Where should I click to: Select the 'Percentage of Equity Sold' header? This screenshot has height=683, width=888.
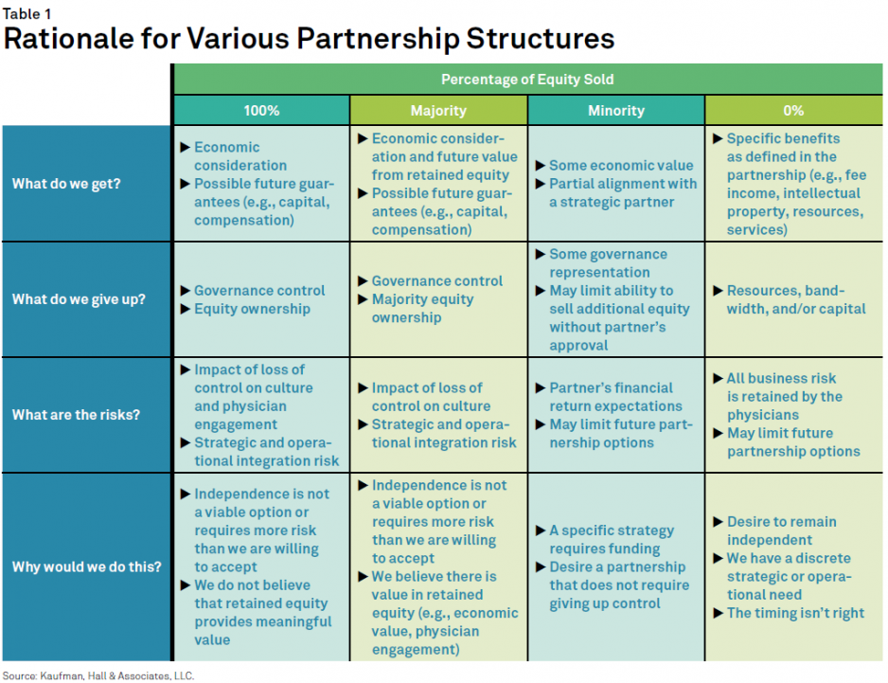click(x=527, y=80)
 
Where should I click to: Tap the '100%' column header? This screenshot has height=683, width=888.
click(x=261, y=110)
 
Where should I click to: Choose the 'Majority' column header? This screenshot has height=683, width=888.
click(x=438, y=110)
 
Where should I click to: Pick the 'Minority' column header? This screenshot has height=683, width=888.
click(x=616, y=110)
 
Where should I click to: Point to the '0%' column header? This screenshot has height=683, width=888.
click(x=793, y=110)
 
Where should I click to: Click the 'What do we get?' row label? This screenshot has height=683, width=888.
click(x=66, y=184)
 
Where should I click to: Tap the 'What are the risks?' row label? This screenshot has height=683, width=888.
click(x=76, y=415)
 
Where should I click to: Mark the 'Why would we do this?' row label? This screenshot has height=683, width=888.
click(x=86, y=567)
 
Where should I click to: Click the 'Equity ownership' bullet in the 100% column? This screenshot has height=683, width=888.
click(x=252, y=309)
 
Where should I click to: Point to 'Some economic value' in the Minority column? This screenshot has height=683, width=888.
click(x=621, y=166)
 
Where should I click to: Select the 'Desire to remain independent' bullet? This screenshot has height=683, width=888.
click(x=782, y=530)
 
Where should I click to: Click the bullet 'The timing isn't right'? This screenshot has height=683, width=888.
click(x=795, y=613)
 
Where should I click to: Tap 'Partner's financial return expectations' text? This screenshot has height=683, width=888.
click(x=612, y=397)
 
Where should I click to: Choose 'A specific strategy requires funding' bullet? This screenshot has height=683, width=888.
click(x=612, y=540)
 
